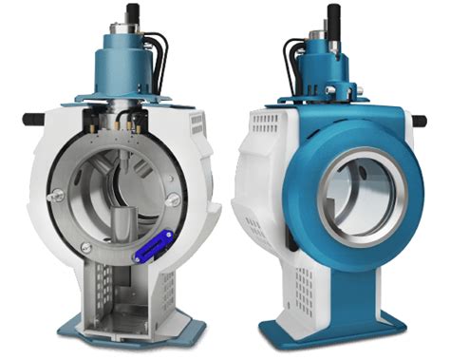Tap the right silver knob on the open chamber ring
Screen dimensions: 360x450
(x=175, y=199)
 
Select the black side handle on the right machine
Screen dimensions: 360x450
(x=419, y=121)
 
